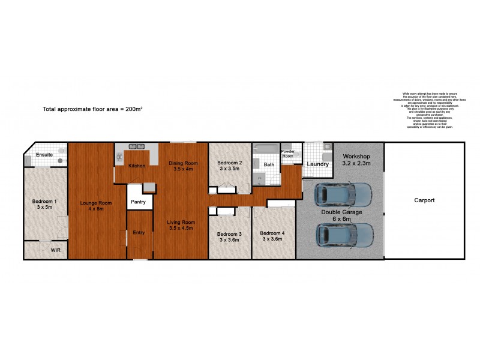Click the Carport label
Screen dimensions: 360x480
[x=424, y=200]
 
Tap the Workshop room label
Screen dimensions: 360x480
[x=356, y=158]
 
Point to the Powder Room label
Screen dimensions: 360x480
[x=289, y=154]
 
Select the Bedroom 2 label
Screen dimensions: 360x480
[x=229, y=166]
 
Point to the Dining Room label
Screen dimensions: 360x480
[x=183, y=166]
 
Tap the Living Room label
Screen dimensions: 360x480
[x=182, y=225]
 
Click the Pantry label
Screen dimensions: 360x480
[x=138, y=202]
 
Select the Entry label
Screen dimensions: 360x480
[x=139, y=232]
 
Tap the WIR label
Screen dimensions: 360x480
[x=55, y=250]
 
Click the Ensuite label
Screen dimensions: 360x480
[x=44, y=155]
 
